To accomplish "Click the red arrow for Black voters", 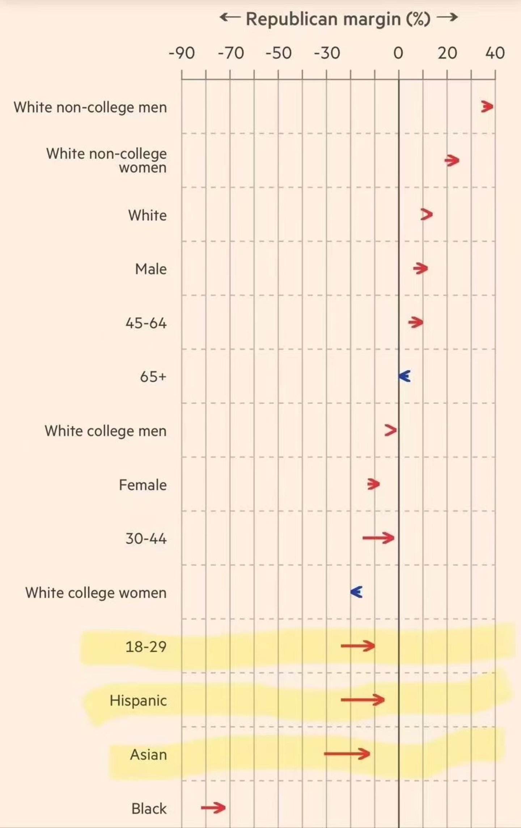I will tap(213, 807).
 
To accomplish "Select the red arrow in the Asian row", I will tap(347, 754).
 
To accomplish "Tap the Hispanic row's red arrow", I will tap(363, 700).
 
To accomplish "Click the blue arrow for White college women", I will tap(356, 592).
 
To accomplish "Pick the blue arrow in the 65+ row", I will tap(404, 376).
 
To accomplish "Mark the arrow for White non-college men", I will tap(487, 107).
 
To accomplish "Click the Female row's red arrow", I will tap(373, 484).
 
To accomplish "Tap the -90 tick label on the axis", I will tap(182, 53).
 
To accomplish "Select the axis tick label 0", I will tap(398, 53).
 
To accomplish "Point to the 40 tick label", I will tap(495, 53).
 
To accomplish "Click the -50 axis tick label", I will tap(278, 53).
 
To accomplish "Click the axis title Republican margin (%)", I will tap(338, 19).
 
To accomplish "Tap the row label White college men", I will tap(105, 431).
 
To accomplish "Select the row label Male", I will tap(151, 269).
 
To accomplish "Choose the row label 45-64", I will tap(146, 323).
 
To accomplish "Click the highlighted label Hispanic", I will tap(138, 701).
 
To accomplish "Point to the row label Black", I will tap(149, 808).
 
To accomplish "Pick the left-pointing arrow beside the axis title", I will tap(229, 17).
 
